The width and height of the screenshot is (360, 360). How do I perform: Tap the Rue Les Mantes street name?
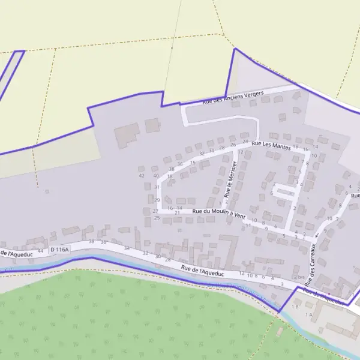(271, 145)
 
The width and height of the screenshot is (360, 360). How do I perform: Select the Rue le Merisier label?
(229, 182)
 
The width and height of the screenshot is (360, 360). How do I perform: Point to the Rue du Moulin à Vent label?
(219, 213)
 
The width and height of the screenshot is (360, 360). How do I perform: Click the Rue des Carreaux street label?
(310, 263)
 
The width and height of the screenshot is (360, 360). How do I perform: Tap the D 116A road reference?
(60, 248)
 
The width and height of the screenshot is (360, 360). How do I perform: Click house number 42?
(142, 176)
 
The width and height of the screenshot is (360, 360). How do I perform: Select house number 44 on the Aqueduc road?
(40, 250)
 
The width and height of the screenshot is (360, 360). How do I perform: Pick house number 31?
(157, 187)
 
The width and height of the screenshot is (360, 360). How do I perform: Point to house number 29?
(157, 200)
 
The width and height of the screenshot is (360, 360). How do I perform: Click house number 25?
(157, 217)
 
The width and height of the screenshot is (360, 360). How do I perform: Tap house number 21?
(177, 213)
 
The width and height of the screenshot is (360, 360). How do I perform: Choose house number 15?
(193, 162)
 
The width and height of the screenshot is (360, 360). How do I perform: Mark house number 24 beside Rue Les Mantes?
(245, 142)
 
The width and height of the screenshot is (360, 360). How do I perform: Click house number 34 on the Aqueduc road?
(127, 248)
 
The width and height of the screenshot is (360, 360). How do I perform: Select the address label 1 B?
(295, 307)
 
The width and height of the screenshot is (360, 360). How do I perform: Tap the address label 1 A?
(309, 314)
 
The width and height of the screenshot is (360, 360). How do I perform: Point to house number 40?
(156, 176)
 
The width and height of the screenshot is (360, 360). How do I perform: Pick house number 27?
(155, 211)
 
